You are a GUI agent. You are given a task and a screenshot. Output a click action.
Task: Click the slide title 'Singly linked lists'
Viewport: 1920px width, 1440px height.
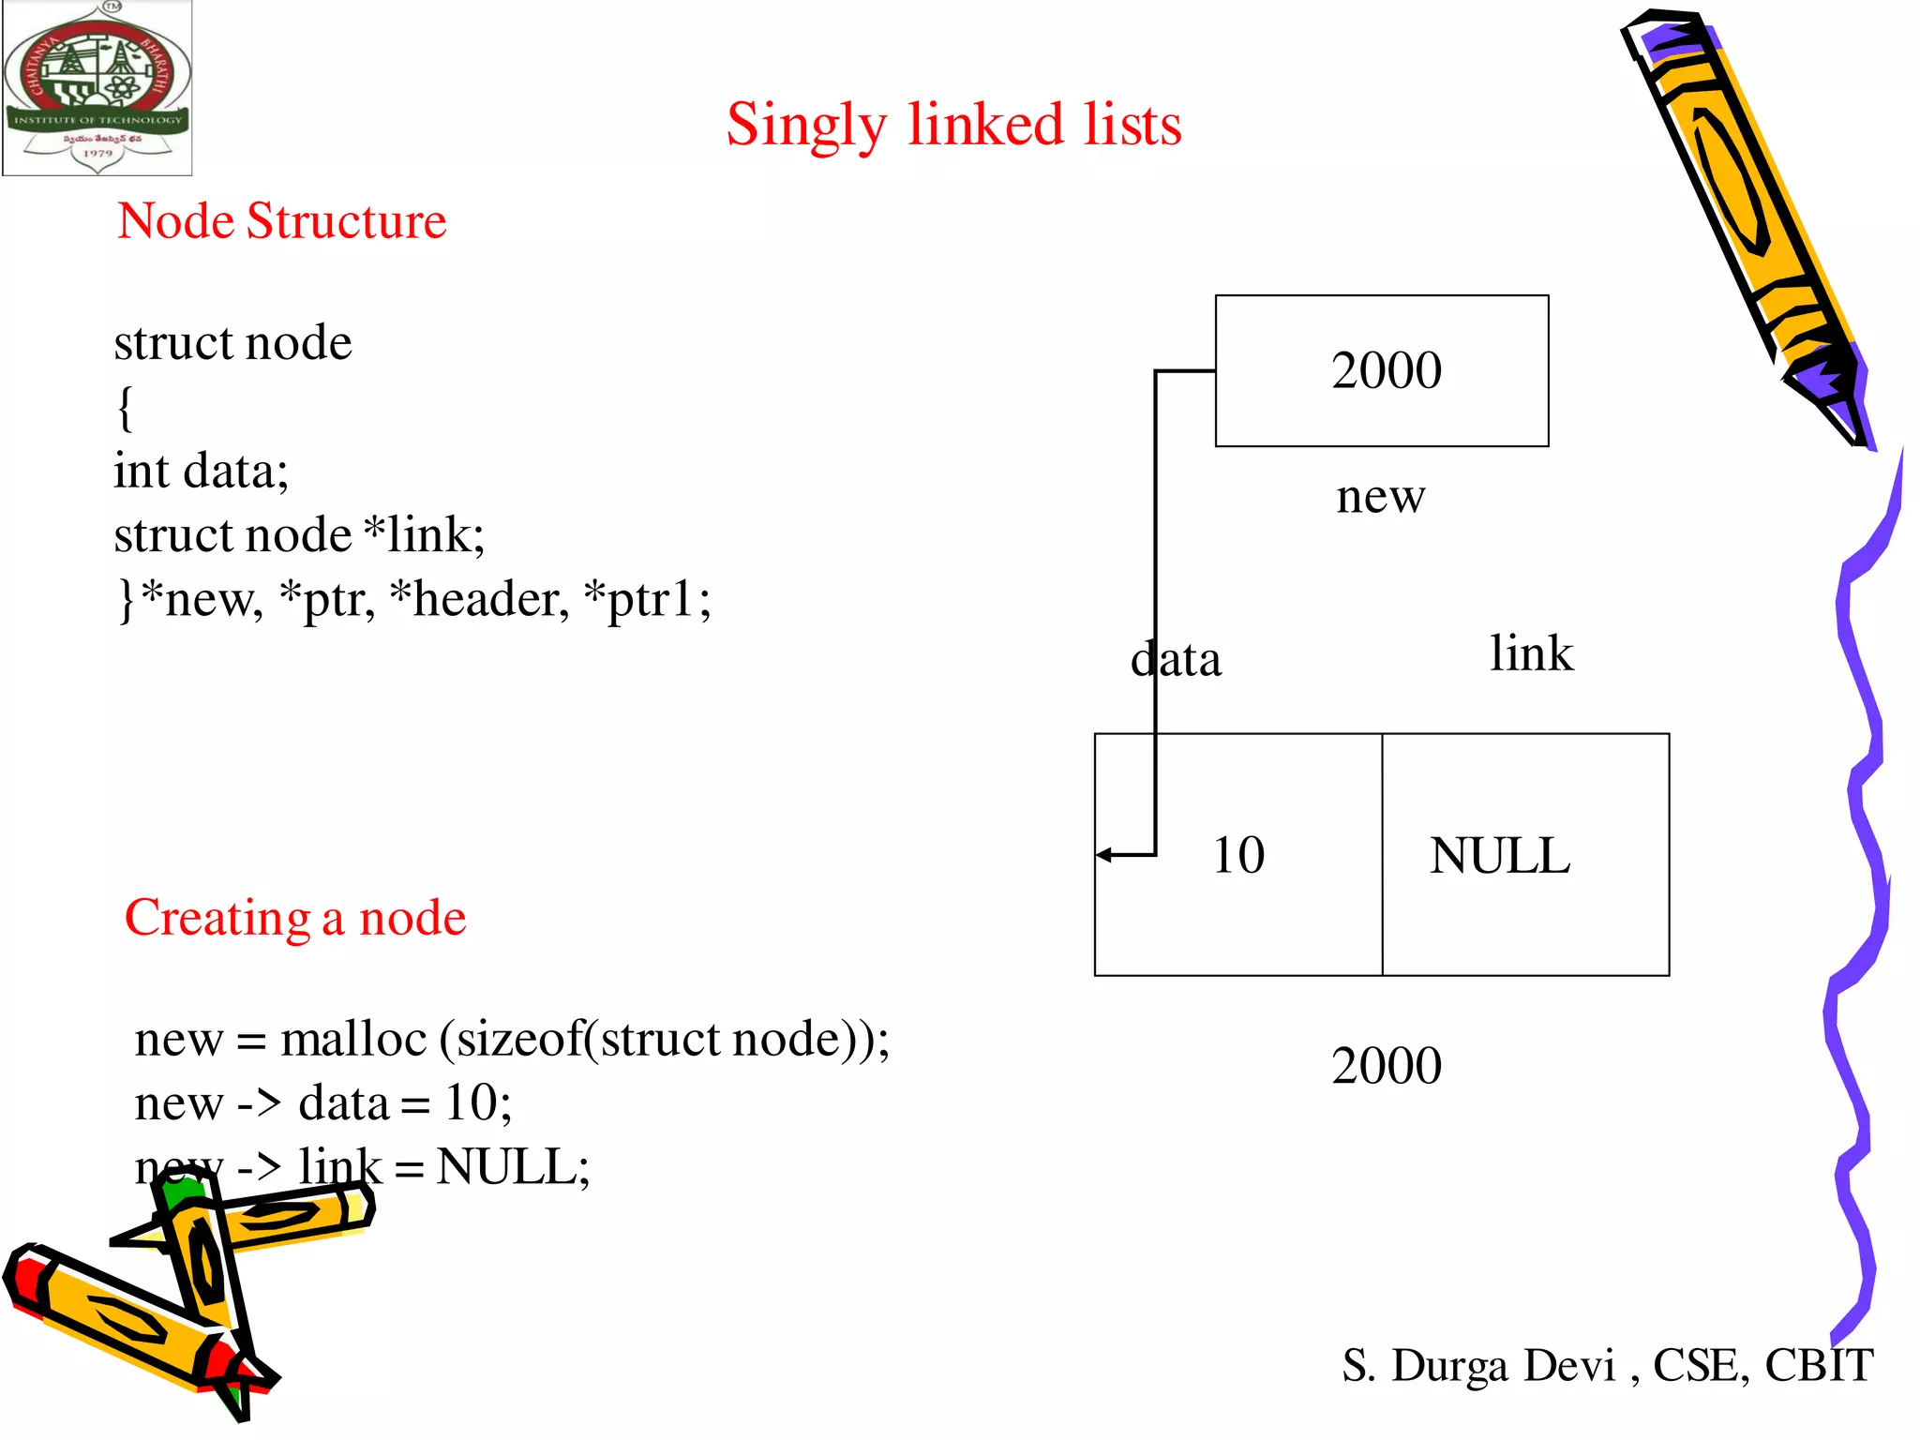coord(953,125)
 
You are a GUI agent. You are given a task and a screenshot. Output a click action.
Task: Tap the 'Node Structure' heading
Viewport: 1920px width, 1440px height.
coord(281,221)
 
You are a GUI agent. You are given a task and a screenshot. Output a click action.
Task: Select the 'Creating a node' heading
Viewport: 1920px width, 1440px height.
coord(295,917)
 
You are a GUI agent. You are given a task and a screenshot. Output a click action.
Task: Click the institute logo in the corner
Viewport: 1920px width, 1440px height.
coord(97,88)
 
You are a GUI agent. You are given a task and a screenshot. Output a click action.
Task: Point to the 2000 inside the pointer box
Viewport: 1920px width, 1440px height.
coord(1386,370)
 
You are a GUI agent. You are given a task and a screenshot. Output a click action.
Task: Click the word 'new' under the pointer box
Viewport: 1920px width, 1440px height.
coord(1380,496)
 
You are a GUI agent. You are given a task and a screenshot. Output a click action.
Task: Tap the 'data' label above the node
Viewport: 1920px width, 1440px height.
coord(1176,659)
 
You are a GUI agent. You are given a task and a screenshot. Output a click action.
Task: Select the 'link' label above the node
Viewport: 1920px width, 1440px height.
coord(1531,653)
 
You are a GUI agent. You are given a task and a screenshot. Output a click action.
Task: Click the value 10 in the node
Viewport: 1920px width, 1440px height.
coord(1237,855)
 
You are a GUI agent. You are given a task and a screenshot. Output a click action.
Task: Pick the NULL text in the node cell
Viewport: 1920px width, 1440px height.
coord(1499,856)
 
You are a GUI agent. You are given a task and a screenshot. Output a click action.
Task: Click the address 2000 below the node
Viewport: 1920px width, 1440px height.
coord(1386,1066)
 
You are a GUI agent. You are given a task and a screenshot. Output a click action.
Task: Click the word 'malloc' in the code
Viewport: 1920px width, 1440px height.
coord(353,1039)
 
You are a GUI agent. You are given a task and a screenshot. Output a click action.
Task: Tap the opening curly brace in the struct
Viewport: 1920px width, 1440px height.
coord(125,408)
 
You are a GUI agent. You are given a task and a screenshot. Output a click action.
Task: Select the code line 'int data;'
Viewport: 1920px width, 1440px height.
coord(201,471)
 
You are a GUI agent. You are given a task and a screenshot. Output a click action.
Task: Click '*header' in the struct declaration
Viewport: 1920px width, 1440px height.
coord(479,599)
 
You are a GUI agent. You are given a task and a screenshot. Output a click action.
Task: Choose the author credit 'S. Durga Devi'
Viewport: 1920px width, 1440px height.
coord(1478,1365)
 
